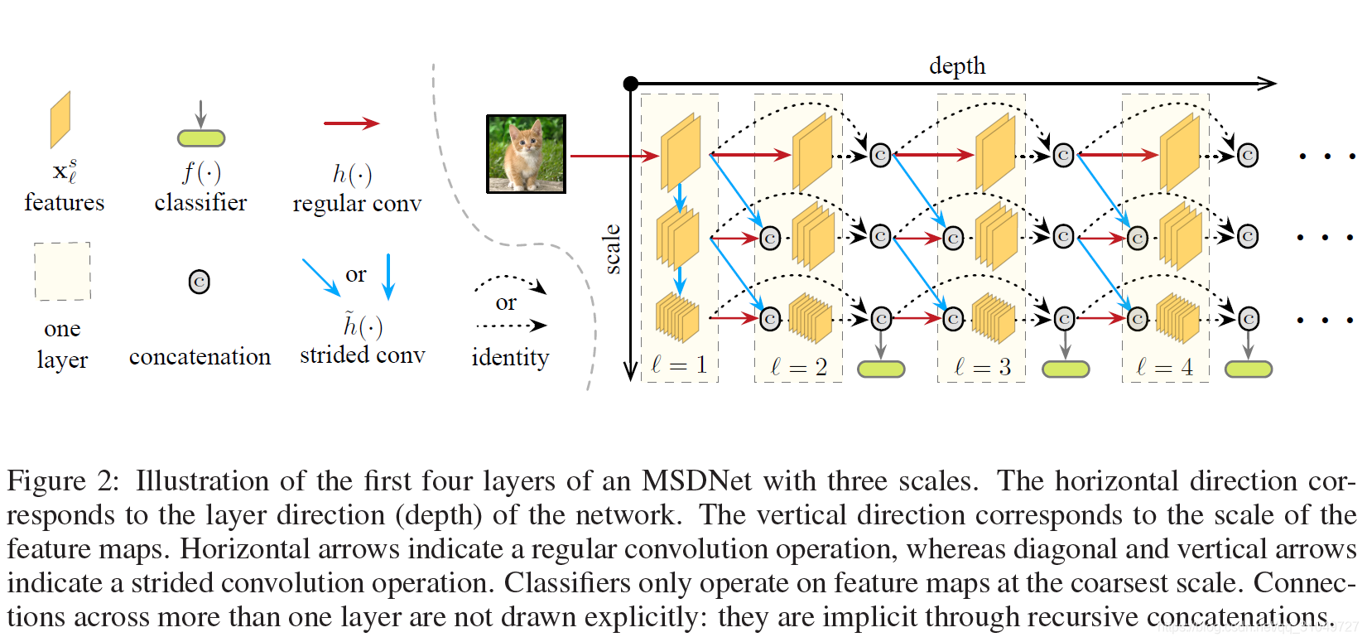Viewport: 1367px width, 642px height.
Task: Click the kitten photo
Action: click(526, 154)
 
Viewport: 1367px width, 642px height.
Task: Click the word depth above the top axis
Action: click(957, 65)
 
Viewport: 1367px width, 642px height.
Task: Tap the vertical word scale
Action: click(612, 249)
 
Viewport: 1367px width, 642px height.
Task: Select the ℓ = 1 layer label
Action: click(679, 365)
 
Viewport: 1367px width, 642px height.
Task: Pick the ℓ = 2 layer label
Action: click(799, 367)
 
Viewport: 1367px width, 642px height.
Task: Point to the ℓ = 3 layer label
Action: click(983, 367)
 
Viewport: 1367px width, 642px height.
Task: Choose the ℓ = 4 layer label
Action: click(1165, 367)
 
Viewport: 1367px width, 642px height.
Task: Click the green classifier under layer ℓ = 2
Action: click(881, 369)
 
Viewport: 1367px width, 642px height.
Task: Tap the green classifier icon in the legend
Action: click(201, 138)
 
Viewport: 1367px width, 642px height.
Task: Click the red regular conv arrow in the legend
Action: click(351, 123)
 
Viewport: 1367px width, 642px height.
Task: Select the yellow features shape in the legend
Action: click(60, 119)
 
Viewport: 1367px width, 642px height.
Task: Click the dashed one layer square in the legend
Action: click(62, 271)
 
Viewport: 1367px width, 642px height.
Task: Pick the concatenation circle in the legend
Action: click(199, 282)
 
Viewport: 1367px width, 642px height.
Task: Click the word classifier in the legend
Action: click(200, 203)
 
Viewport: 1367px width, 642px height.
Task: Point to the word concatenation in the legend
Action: click(200, 357)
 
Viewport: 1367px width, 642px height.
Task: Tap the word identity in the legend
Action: click(510, 358)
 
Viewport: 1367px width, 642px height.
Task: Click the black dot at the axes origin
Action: click(631, 83)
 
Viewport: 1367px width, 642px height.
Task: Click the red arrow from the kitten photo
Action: click(613, 155)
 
